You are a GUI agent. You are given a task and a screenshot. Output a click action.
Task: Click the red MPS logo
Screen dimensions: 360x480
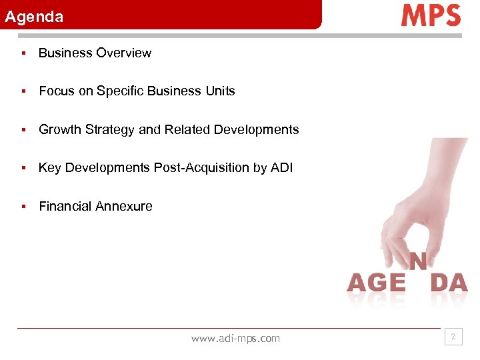coord(431,15)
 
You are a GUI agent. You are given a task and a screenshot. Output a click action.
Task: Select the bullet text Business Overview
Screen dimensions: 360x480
coord(95,53)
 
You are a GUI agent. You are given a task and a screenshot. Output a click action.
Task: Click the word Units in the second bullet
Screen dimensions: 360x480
coord(220,91)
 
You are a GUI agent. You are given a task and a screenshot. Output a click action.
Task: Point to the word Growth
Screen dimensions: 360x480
coord(59,130)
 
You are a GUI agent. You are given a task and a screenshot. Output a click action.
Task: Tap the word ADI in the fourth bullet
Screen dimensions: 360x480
coord(281,168)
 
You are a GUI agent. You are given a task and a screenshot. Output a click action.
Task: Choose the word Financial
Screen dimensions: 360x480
coord(65,207)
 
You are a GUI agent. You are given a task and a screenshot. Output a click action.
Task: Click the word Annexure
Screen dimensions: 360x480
coord(123,207)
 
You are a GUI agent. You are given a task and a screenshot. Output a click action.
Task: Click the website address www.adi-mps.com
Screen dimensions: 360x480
coord(235,339)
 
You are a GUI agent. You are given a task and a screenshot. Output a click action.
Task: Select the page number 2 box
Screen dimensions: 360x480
coord(453,337)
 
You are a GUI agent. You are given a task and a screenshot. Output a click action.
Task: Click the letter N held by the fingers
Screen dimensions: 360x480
coord(418,261)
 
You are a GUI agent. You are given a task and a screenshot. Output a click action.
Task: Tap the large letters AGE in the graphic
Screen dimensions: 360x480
coord(376,283)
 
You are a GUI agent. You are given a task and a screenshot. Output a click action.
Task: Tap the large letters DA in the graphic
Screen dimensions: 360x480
coord(449,283)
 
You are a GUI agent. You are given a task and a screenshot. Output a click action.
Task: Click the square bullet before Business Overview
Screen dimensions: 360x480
coord(23,53)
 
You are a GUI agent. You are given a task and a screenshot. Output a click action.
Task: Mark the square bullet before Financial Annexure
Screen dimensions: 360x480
coord(23,207)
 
